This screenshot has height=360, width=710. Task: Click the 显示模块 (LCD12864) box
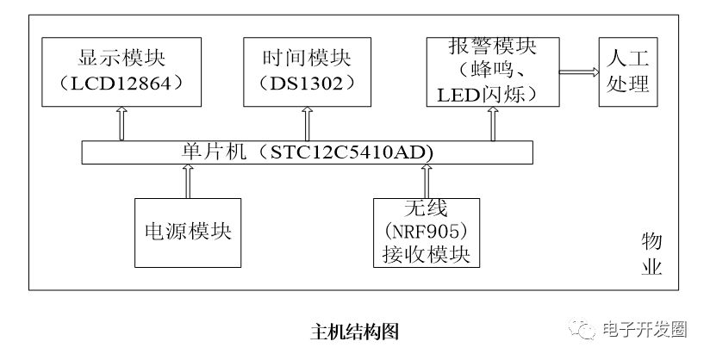(x=121, y=72)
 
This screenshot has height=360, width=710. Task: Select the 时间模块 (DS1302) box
(x=307, y=72)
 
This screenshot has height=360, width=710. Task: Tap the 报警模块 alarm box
(x=493, y=72)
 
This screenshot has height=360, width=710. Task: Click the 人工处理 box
(x=628, y=72)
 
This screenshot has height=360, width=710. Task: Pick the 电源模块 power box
(x=188, y=233)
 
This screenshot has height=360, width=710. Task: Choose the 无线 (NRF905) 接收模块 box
(x=427, y=233)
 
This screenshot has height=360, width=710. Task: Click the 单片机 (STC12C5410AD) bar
(x=307, y=152)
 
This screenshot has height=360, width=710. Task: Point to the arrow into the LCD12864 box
(x=121, y=124)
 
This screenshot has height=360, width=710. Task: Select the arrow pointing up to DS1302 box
(x=307, y=124)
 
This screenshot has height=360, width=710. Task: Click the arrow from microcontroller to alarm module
(x=493, y=124)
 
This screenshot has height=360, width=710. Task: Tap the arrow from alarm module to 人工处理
(x=579, y=72)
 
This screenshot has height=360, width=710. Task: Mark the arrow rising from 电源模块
(x=188, y=181)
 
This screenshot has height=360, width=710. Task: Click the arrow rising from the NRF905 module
(x=427, y=181)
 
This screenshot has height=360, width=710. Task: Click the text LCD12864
(x=121, y=84)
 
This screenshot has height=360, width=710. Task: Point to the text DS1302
(x=307, y=84)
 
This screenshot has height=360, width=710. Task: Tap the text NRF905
(x=427, y=233)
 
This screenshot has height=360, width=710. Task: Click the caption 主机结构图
(x=354, y=332)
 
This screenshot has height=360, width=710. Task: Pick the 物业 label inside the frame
(x=651, y=254)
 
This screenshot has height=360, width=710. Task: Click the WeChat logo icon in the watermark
(x=582, y=329)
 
